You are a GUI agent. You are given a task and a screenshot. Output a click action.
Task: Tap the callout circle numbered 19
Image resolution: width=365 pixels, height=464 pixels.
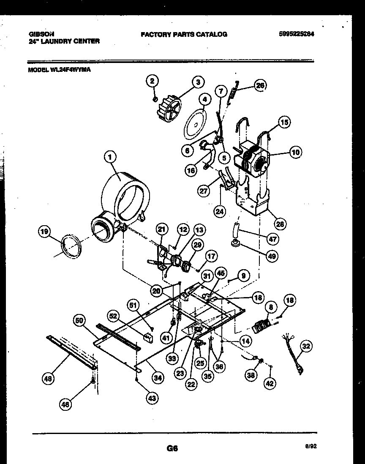pos(44,232)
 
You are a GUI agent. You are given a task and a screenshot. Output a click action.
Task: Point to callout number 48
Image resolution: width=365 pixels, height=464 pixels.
pos(49,379)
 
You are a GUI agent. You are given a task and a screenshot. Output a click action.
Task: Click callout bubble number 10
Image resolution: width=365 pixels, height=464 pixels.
pos(296,152)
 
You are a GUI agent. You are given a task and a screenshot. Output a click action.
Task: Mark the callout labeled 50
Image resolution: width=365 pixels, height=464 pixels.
pos(79,321)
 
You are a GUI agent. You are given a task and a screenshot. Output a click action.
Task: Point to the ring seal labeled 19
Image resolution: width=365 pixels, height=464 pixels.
pos(71,246)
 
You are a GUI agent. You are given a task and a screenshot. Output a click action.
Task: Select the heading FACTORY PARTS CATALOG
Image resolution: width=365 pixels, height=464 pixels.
pos(184,34)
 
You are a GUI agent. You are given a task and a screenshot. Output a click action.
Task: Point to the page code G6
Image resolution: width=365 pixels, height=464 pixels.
pos(172,449)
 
